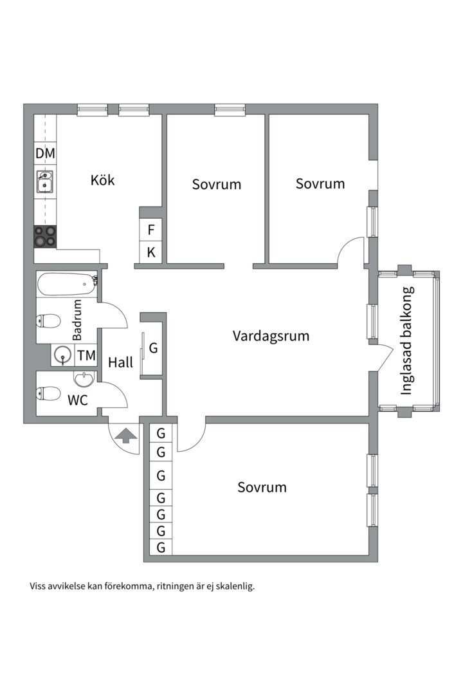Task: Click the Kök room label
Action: coord(102,180)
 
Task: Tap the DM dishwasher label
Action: coord(45,153)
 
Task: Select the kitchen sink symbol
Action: coord(44,181)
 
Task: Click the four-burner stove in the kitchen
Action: coord(45,236)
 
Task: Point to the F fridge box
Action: coord(150,230)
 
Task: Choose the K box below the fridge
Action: coord(150,252)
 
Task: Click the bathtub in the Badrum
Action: coord(67,284)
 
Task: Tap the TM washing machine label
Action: coord(86,355)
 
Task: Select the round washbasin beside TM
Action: coord(63,355)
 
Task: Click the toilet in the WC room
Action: coord(48,393)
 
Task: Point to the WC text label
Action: coord(78,400)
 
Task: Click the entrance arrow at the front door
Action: coord(126,435)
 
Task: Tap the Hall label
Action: coord(120,362)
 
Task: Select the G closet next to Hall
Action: coord(153,348)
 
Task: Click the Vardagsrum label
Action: coord(271,335)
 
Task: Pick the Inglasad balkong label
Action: coord(406,340)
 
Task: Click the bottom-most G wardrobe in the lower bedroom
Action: coord(161,547)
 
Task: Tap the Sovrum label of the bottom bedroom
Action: coord(262,487)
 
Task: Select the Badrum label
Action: coord(77,320)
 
